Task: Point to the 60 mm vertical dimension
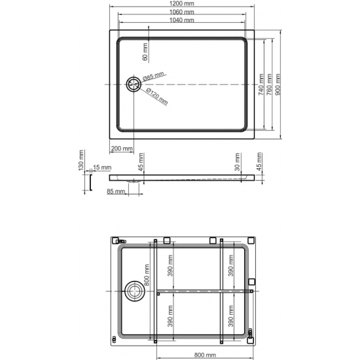145,48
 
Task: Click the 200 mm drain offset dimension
121,149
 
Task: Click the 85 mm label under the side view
114,191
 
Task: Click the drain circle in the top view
134,84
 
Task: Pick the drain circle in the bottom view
135,290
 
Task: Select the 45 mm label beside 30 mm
260,161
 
